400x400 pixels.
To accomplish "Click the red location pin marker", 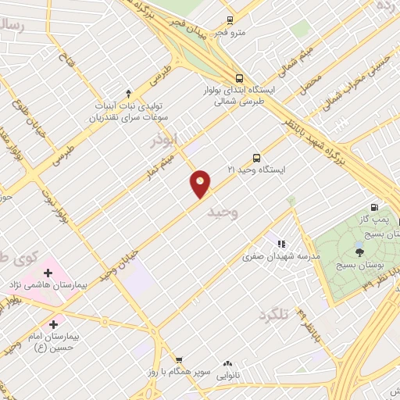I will click(x=201, y=184).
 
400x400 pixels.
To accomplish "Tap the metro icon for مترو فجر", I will click(x=230, y=20).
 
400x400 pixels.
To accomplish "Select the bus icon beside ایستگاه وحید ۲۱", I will click(x=257, y=157).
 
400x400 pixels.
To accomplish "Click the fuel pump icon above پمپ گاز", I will click(x=375, y=208).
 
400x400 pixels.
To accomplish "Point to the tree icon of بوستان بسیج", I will click(x=359, y=252).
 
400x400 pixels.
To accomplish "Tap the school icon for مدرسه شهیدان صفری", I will click(x=281, y=244).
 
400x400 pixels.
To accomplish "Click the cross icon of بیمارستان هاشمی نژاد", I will click(x=48, y=273).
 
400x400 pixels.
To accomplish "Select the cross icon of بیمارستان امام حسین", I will click(x=53, y=324).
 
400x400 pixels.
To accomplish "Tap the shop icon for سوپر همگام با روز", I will click(x=180, y=360).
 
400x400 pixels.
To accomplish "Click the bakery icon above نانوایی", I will click(x=228, y=363).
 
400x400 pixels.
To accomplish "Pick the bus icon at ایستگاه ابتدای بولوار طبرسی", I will click(x=238, y=78).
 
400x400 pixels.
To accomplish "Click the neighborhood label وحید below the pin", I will click(x=222, y=211).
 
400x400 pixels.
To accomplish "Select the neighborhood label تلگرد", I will click(x=273, y=314).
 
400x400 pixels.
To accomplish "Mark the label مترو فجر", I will click(x=231, y=32).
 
